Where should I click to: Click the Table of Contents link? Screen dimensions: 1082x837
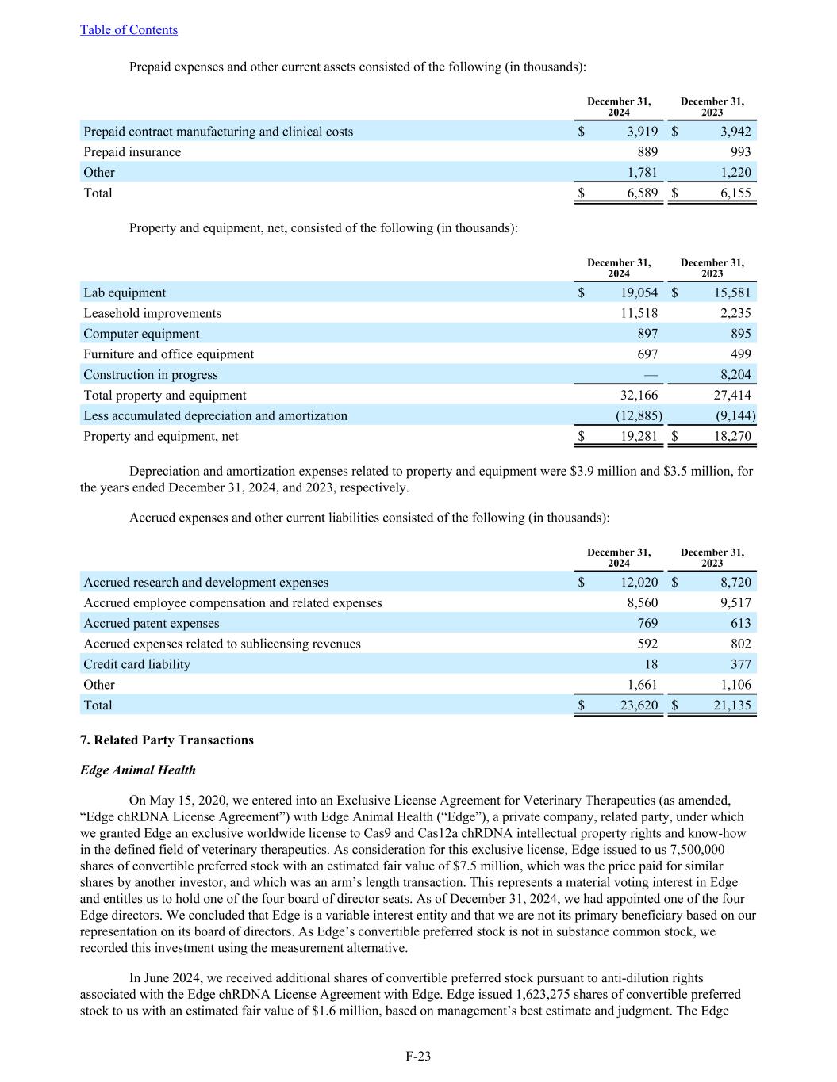point(129,30)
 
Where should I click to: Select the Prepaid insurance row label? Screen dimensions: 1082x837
point(132,152)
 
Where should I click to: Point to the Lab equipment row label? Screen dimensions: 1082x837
point(125,293)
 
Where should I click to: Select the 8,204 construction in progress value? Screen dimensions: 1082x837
point(735,375)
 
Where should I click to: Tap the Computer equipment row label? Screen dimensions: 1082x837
point(141,335)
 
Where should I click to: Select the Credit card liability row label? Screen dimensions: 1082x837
point(136,664)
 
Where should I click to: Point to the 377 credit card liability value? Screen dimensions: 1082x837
point(739,664)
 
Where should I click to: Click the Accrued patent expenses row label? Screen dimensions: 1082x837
point(151,624)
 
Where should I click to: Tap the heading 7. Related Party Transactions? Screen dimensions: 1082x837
point(167,740)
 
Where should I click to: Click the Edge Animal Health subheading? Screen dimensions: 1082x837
point(137,770)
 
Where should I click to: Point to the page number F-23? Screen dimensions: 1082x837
point(418,1056)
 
